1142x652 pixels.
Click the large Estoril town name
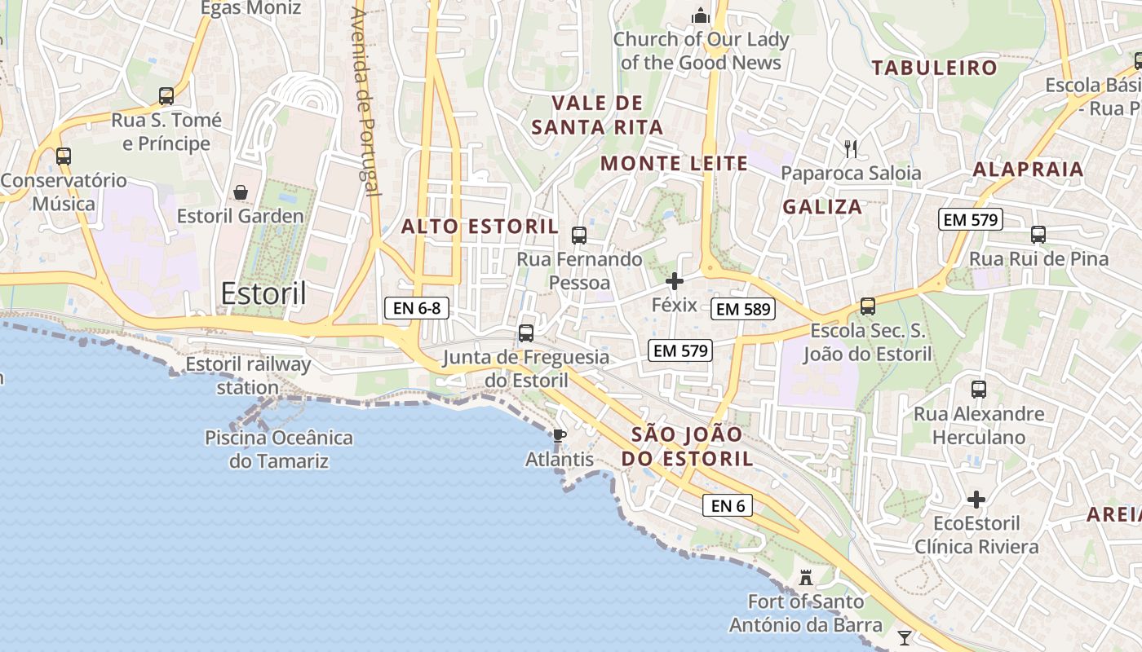point(263,293)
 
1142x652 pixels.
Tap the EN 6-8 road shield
point(417,308)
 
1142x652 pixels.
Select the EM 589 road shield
point(742,309)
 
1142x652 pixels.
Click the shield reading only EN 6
point(728,505)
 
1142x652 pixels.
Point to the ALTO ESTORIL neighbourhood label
point(480,227)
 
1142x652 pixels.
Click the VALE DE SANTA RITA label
point(598,115)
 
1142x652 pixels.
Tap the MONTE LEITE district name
point(674,164)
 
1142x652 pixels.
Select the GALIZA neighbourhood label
point(822,207)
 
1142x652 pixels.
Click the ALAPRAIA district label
point(1028,170)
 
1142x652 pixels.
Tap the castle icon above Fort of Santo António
point(806,578)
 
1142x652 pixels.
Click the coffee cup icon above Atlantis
point(559,436)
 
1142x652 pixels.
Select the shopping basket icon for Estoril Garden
point(241,192)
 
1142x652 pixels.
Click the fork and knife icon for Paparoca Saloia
point(851,148)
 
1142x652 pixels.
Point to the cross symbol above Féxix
point(675,282)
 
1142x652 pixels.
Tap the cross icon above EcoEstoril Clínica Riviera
point(976,499)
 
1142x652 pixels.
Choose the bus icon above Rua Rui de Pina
point(1038,235)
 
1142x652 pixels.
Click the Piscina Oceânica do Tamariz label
point(279,449)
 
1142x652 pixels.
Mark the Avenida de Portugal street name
point(364,102)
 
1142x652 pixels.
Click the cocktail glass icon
point(905,637)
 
